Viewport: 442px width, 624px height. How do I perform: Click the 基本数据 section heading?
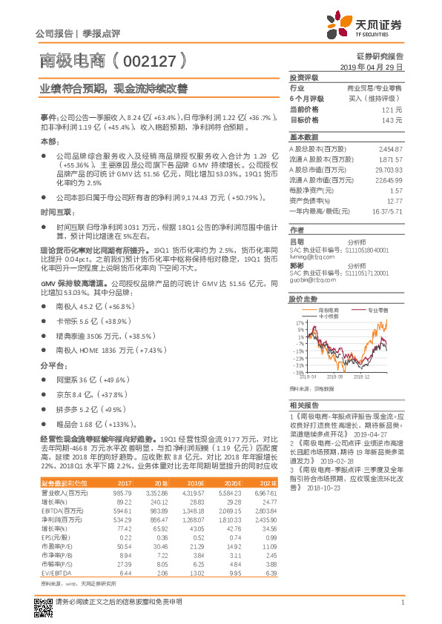point(303,138)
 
